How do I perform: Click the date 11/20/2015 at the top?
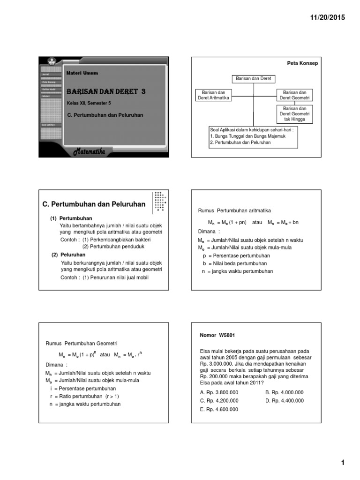(327, 17)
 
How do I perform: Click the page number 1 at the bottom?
(343, 463)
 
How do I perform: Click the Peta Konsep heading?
(302, 63)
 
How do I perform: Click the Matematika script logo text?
(92, 151)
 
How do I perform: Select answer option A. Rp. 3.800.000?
(219, 392)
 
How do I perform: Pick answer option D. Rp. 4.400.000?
(284, 401)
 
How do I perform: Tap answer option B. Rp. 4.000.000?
(284, 392)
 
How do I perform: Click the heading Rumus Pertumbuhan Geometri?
(81, 343)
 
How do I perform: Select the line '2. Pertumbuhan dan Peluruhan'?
(240, 142)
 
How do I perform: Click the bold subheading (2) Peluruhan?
(68, 255)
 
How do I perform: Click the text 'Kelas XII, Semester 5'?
(89, 103)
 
